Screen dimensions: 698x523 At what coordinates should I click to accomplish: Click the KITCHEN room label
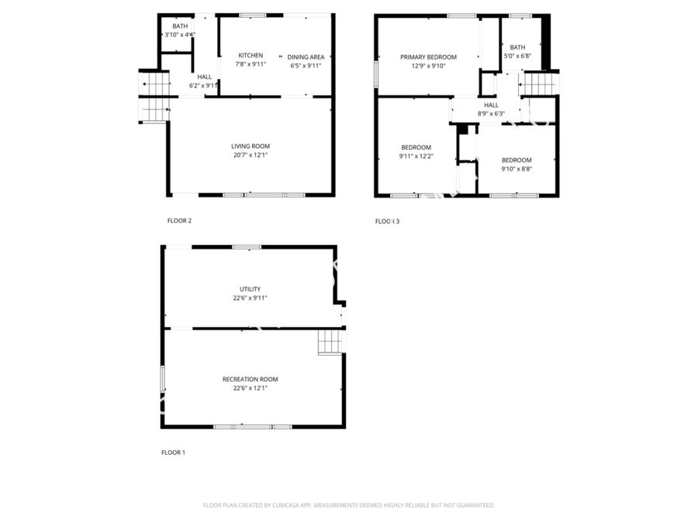tap(251, 56)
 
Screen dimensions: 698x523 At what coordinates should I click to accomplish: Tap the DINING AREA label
tap(306, 57)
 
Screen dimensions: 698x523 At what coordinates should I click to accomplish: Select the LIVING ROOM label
tap(251, 146)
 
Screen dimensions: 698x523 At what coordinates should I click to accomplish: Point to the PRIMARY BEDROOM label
tap(428, 57)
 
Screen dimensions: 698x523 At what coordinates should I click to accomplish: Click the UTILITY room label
tap(251, 289)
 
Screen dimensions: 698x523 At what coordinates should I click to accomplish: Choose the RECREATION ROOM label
tap(251, 380)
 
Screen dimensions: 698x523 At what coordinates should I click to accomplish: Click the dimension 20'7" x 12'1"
tap(251, 155)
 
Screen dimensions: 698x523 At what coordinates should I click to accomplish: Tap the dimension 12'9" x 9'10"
tap(428, 67)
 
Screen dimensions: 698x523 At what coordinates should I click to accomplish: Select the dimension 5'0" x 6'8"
tap(518, 57)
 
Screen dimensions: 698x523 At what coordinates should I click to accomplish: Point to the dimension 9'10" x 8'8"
tap(517, 169)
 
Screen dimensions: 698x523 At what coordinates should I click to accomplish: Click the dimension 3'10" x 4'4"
tap(180, 35)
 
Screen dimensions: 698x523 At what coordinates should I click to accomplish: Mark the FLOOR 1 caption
tap(173, 452)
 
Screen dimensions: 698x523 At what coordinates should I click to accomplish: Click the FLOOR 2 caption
tap(179, 221)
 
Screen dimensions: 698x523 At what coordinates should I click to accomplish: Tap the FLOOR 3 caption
tap(387, 222)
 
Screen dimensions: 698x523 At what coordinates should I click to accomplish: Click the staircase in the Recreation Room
tap(330, 342)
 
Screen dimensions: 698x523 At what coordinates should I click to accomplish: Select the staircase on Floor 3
tap(539, 84)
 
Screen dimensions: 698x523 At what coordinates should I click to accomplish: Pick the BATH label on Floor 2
tap(180, 26)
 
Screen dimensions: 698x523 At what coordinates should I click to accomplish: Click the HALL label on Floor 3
tap(492, 105)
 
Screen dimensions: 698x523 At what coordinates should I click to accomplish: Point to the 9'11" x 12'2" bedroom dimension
tap(416, 157)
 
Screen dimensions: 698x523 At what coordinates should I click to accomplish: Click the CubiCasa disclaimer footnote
tap(349, 505)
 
